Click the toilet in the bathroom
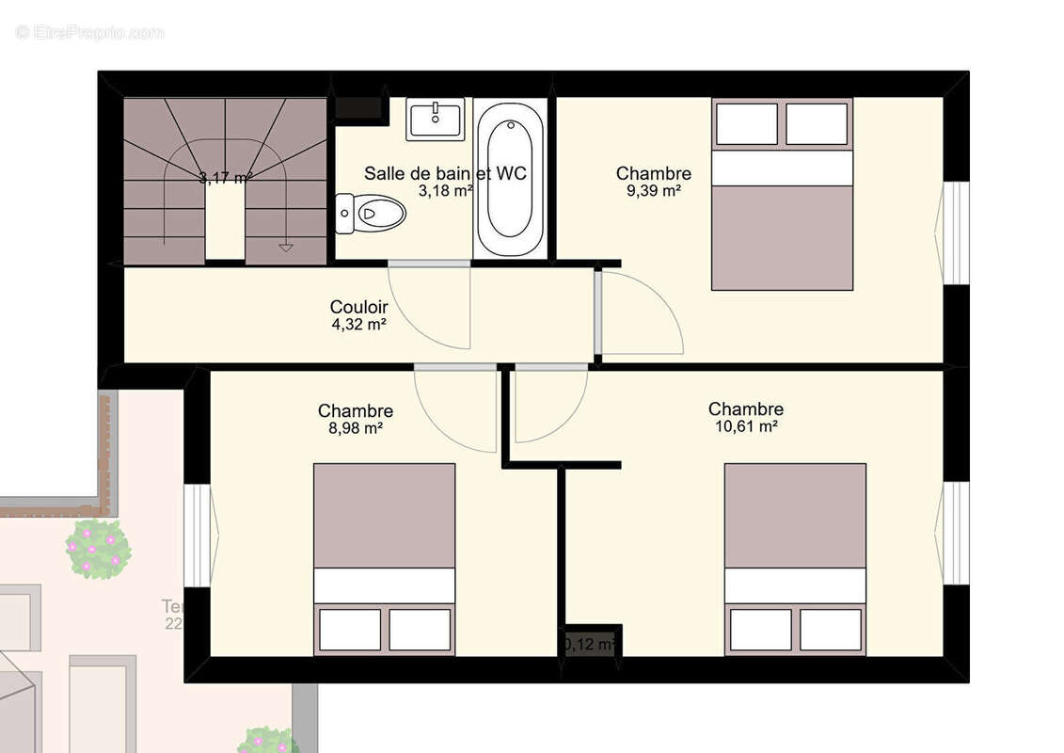point(371,214)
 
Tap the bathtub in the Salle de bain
point(510,179)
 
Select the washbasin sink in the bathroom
point(436,119)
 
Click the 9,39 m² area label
point(655,190)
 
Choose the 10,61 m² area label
point(746,426)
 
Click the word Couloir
point(358,307)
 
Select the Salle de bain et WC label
point(444,173)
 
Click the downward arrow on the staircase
point(286,247)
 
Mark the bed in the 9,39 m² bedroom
point(782,194)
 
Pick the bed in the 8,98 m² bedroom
point(384,559)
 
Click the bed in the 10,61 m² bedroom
point(795,559)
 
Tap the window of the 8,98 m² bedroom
point(199,534)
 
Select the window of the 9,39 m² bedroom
point(955,232)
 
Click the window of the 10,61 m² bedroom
point(955,532)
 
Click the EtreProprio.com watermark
point(89,32)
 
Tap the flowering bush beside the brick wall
point(98,548)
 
